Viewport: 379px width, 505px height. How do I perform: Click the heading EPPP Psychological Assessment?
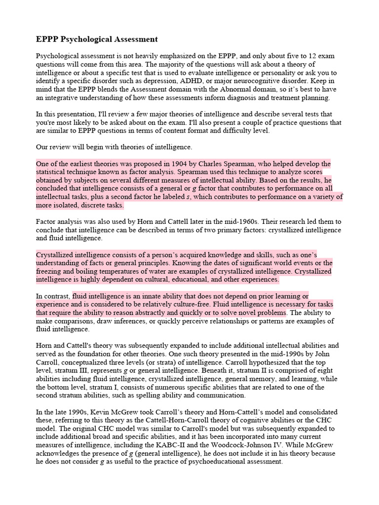click(97, 39)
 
